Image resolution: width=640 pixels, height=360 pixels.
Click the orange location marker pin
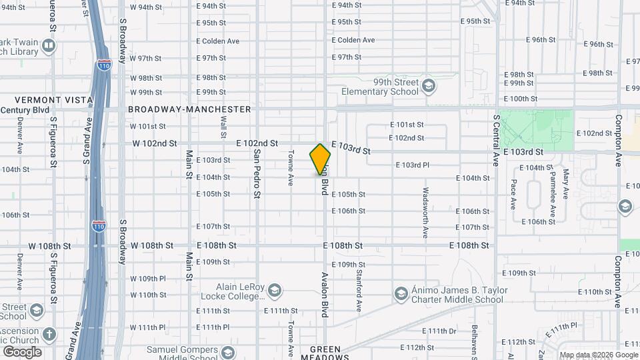click(x=320, y=159)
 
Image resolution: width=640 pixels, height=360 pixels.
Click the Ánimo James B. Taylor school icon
click(x=401, y=294)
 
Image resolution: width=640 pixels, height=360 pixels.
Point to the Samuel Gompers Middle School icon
click(x=227, y=353)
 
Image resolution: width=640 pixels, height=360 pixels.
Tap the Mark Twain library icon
click(x=48, y=46)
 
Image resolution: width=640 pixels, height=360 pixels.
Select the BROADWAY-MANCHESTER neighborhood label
click(x=189, y=109)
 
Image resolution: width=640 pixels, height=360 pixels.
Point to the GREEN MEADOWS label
click(x=325, y=353)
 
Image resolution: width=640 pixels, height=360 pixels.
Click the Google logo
click(x=22, y=351)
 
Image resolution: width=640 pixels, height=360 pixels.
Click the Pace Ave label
click(x=513, y=194)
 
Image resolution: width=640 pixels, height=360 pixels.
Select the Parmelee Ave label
click(x=553, y=189)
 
